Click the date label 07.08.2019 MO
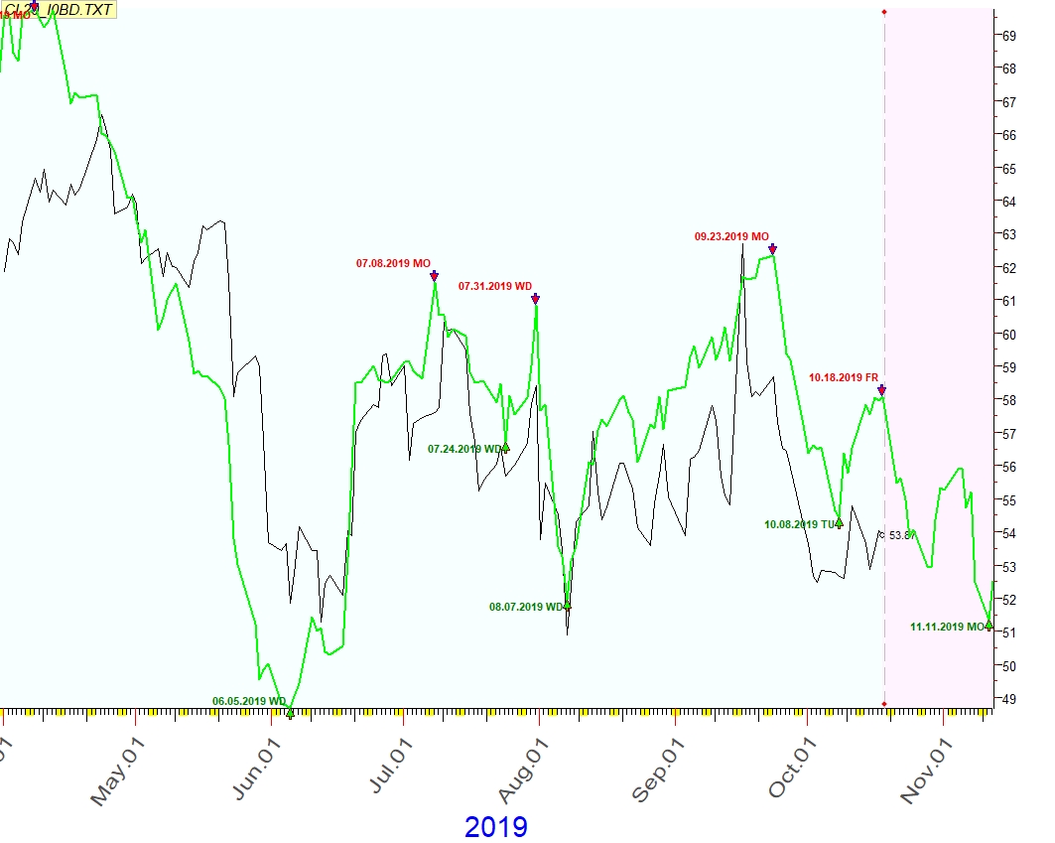coord(393,263)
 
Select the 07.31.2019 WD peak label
coord(494,286)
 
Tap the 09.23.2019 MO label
coord(731,237)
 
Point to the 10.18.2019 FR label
coord(843,377)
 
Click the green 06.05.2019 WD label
coord(248,701)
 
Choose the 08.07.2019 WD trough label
coord(526,606)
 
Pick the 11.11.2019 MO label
coord(947,627)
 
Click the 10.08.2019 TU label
coord(799,524)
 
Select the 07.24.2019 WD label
coord(464,449)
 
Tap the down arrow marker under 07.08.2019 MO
coord(434,276)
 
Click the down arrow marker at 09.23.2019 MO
coord(773,249)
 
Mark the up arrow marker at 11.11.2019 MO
coord(989,625)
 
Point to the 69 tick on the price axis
coord(1008,36)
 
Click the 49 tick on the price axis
coord(1008,699)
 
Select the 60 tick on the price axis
coord(1008,335)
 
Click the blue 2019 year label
coord(495,826)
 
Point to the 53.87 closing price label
coord(898,535)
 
